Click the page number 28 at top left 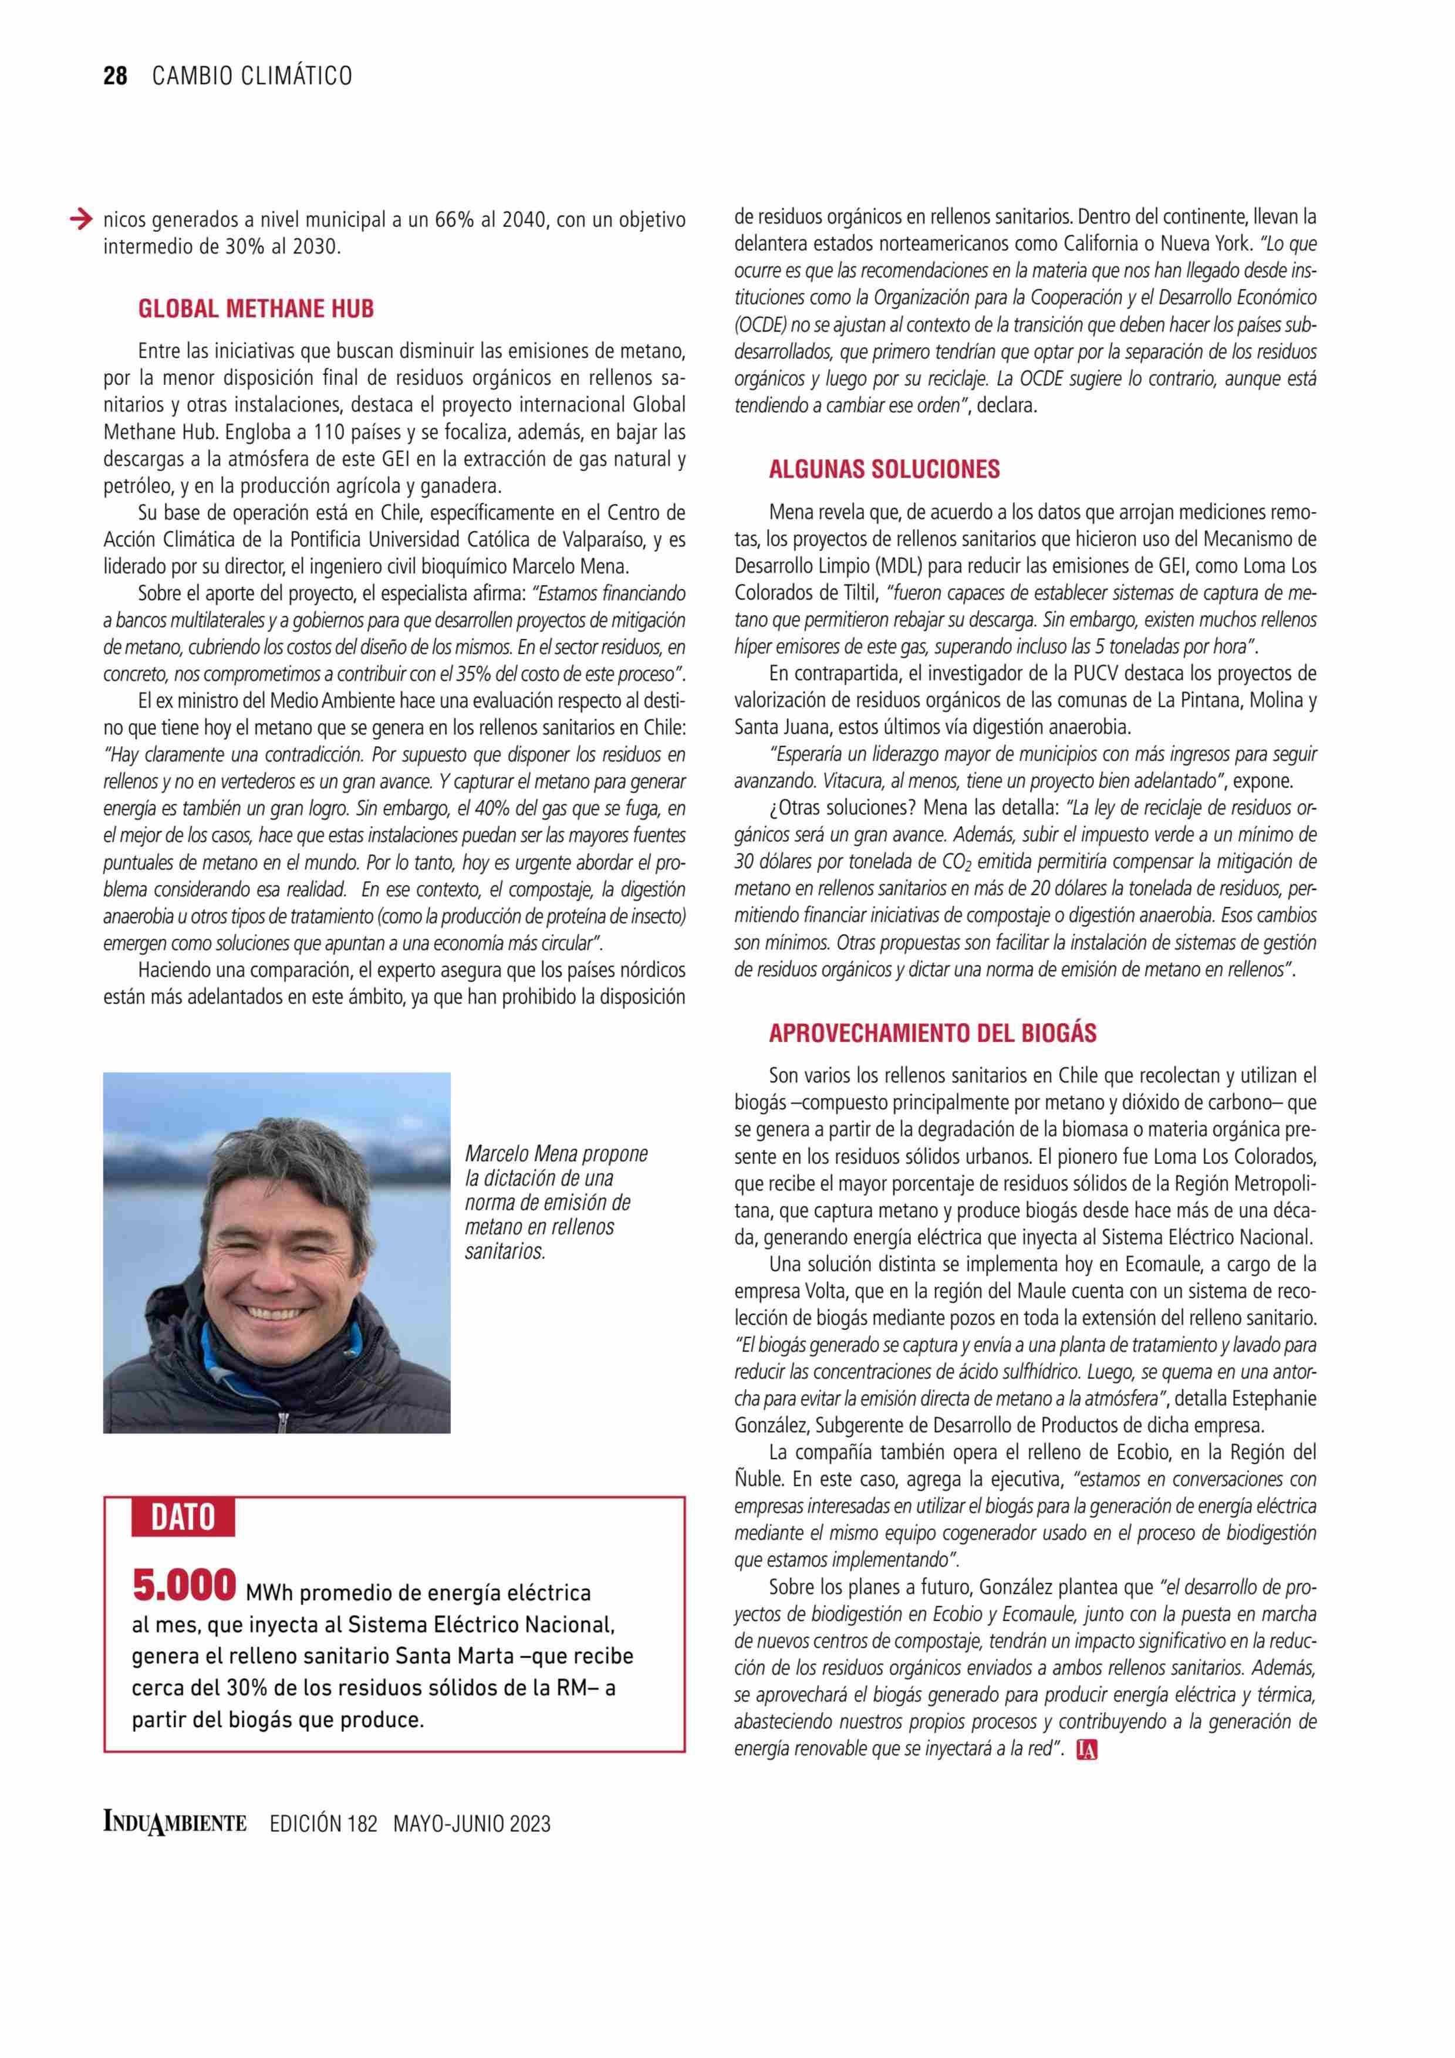pos(116,76)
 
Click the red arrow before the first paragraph pos(80,218)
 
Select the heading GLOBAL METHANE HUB pos(255,309)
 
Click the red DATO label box pos(183,1517)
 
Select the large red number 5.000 pos(184,1585)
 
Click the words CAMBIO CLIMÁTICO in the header pos(252,76)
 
